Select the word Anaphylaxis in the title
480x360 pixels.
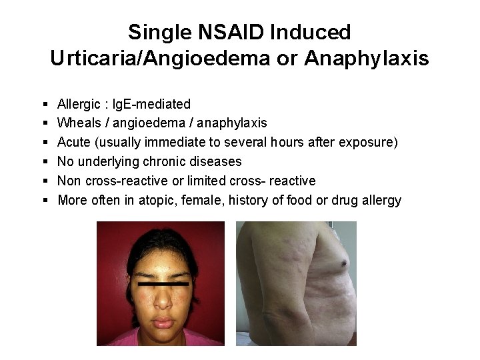coord(366,59)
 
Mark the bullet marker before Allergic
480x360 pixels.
coord(43,105)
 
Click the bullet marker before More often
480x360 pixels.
coord(43,201)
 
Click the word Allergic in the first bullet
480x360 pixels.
coord(78,104)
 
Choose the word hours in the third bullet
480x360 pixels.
coord(292,142)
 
